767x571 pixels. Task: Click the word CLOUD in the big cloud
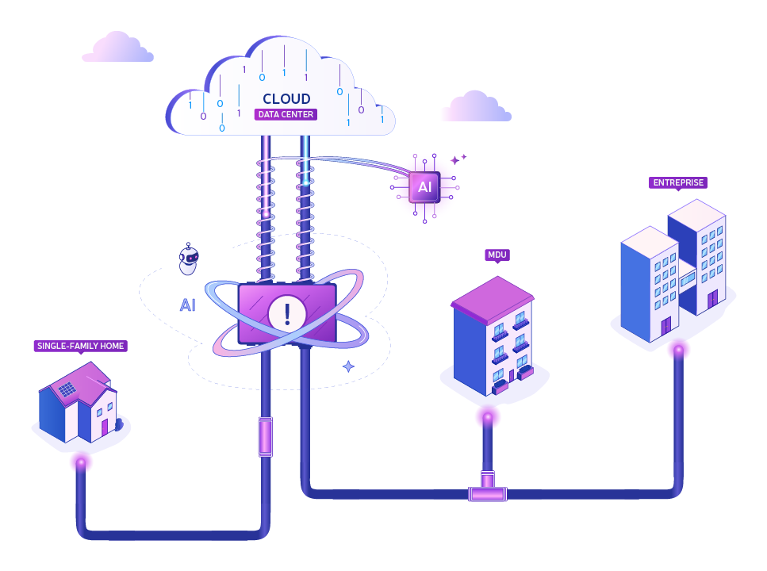[286, 99]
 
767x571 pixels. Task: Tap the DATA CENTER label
[286, 114]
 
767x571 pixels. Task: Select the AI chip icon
[424, 187]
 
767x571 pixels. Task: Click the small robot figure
[188, 259]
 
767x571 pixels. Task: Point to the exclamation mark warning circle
[287, 313]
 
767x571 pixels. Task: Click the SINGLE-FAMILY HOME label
[81, 346]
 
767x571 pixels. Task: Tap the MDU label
[497, 255]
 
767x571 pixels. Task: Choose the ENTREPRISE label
[678, 182]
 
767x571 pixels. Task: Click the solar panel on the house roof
[67, 389]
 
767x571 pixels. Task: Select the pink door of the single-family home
[104, 427]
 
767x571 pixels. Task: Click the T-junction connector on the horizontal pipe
[488, 488]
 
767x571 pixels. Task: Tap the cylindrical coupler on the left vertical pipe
[265, 436]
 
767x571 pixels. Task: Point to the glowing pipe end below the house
[81, 462]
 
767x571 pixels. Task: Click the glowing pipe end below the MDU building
[488, 418]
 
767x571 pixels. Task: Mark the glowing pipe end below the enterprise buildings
[678, 350]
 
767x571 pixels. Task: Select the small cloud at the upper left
[118, 48]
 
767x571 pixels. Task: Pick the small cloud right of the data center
[477, 106]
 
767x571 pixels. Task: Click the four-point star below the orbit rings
[348, 366]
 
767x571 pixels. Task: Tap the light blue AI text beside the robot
[188, 305]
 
